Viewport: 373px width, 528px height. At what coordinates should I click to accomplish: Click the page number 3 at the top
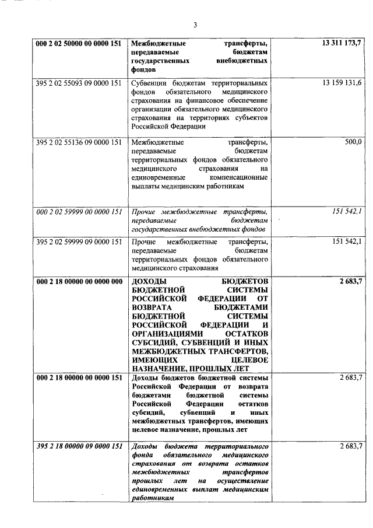click(x=195, y=25)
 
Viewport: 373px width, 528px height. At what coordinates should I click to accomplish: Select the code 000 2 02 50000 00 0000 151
click(x=78, y=43)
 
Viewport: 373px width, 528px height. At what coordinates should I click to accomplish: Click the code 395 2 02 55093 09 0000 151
click(x=78, y=83)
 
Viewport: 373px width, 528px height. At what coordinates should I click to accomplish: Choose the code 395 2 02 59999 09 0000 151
click(x=78, y=242)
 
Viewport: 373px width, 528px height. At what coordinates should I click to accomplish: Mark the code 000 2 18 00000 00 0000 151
click(x=78, y=377)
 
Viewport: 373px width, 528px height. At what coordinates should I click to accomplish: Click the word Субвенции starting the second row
click(x=149, y=83)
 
